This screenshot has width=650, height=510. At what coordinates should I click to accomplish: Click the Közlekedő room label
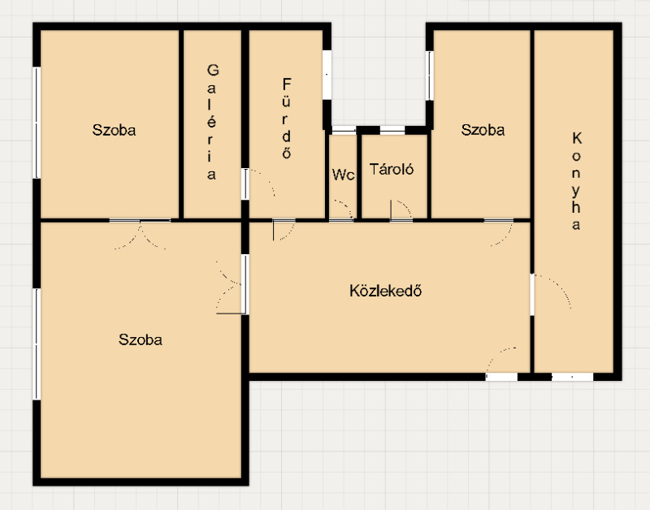(385, 291)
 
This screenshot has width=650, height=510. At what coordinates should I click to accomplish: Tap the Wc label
(343, 175)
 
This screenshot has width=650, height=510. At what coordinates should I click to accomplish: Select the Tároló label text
(392, 169)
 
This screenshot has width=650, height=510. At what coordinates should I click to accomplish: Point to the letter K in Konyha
(577, 138)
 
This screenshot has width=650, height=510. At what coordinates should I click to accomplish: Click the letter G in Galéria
(213, 70)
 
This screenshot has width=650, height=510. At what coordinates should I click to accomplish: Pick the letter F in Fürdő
(287, 84)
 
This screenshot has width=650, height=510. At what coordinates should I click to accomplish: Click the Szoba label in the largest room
(140, 339)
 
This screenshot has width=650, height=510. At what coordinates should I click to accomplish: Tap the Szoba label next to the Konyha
(483, 130)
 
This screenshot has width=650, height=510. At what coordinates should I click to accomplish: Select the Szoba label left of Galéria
(114, 130)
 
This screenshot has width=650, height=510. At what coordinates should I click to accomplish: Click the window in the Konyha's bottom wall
(573, 377)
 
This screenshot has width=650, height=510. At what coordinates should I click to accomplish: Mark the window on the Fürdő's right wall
(327, 75)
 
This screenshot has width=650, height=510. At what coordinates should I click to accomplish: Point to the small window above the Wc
(344, 130)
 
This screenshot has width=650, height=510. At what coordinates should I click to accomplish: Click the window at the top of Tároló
(392, 130)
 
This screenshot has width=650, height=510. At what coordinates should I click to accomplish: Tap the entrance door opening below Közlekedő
(501, 377)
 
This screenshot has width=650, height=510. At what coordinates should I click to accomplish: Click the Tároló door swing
(401, 210)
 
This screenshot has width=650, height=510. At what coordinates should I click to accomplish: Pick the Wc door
(342, 210)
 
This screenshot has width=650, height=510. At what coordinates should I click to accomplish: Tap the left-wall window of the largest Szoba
(37, 344)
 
